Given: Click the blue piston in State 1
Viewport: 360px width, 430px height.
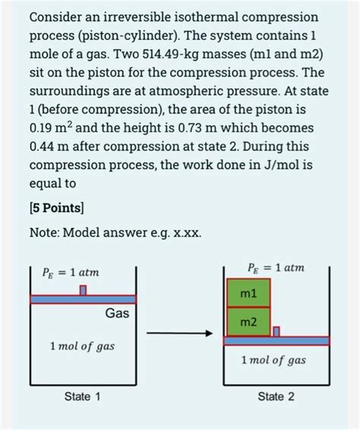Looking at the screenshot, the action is [83, 299].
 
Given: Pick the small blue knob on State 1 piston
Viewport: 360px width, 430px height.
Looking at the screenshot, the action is [84, 289].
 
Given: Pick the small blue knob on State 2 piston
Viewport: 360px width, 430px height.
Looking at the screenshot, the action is [276, 331].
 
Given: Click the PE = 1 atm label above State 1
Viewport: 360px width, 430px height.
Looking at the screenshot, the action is [70, 272].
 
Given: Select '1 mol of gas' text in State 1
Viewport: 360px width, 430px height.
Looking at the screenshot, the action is [81, 346].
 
